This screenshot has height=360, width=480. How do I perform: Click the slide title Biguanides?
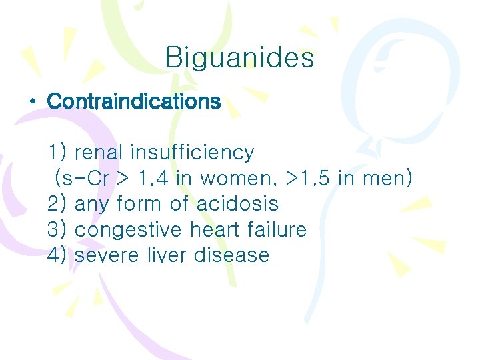coord(239,58)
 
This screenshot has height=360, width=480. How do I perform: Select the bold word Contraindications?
coord(133,102)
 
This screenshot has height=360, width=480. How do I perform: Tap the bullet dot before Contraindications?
coord(32,102)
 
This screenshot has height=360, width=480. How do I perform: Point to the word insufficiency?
coord(192,153)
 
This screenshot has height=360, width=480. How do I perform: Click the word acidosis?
coord(237,204)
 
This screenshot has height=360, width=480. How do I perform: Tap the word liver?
coord(164,255)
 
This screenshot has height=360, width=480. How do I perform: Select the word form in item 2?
coord(137,204)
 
